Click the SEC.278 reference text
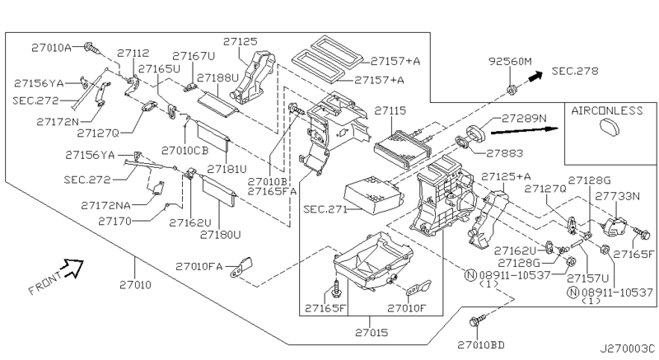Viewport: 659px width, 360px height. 571,71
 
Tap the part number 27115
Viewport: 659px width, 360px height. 390,110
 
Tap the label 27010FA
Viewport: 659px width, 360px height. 198,267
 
